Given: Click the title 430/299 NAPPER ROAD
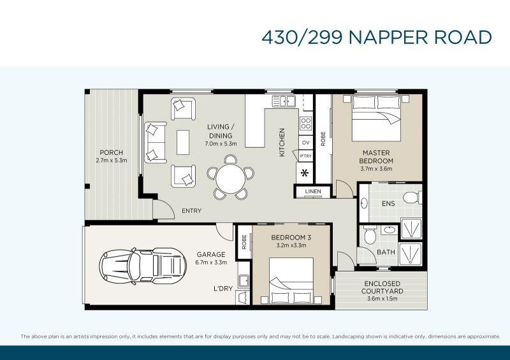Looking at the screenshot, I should (376, 37).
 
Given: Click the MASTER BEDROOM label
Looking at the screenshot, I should (376, 157).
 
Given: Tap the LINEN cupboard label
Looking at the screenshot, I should (312, 192).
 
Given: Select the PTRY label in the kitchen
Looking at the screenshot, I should (305, 156).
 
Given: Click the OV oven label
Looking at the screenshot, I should (305, 142).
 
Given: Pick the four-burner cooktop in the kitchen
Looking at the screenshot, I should (305, 124).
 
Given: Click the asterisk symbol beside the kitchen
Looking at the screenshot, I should (305, 173).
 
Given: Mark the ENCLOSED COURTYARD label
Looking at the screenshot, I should (382, 287).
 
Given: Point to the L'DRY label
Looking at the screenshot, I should (222, 289).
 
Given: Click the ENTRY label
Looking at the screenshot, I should (192, 210).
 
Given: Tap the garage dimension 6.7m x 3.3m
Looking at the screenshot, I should (210, 262).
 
